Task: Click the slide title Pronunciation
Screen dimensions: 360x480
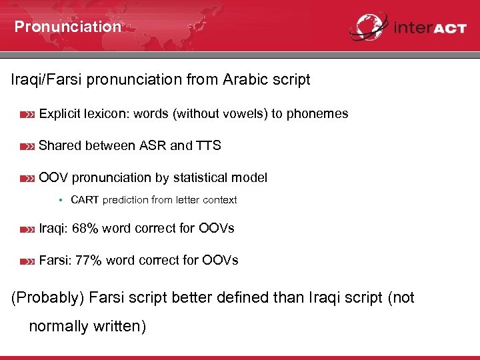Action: (67, 27)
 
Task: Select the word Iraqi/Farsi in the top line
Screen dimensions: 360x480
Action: (49, 80)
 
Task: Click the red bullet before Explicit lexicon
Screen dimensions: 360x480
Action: (27, 115)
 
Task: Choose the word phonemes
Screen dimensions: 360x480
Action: (317, 114)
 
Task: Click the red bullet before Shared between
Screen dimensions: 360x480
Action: (27, 147)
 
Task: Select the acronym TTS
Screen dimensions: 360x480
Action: (209, 145)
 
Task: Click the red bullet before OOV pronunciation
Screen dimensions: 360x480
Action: (27, 179)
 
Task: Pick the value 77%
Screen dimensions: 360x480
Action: (89, 260)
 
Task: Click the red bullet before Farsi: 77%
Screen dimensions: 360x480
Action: (27, 261)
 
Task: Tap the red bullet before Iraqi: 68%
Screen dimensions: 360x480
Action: (27, 229)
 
